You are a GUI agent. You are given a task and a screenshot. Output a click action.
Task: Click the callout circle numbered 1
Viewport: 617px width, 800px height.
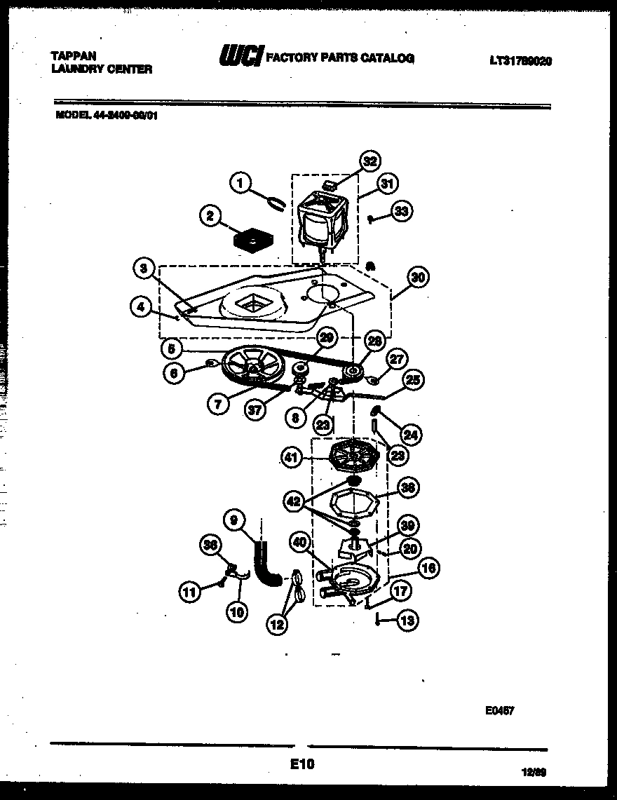pyautogui.click(x=239, y=183)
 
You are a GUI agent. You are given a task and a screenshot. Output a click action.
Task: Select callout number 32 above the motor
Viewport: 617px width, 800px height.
pyautogui.click(x=369, y=161)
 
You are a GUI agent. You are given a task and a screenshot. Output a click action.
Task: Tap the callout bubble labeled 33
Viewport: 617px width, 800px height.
pyautogui.click(x=401, y=210)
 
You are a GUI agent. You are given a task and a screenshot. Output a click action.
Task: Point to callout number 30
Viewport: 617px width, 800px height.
pyautogui.click(x=418, y=277)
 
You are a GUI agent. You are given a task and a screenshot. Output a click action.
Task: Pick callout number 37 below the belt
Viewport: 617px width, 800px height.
pyautogui.click(x=256, y=409)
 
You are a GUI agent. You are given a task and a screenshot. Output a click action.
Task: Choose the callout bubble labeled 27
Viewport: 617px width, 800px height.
pyautogui.click(x=396, y=360)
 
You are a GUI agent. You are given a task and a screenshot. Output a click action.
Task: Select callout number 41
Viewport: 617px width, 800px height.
pyautogui.click(x=292, y=458)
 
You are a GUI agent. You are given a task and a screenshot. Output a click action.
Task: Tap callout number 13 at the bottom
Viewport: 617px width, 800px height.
pyautogui.click(x=407, y=620)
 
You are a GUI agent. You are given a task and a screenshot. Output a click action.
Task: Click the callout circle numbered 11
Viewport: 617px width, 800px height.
pyautogui.click(x=189, y=592)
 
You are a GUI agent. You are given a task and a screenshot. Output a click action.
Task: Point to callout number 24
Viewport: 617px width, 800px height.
pyautogui.click(x=411, y=435)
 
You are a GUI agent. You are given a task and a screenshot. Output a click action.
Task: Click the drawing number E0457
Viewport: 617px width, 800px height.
pyautogui.click(x=499, y=710)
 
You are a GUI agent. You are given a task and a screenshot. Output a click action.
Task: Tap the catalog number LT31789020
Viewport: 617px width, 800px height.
pyautogui.click(x=520, y=61)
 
